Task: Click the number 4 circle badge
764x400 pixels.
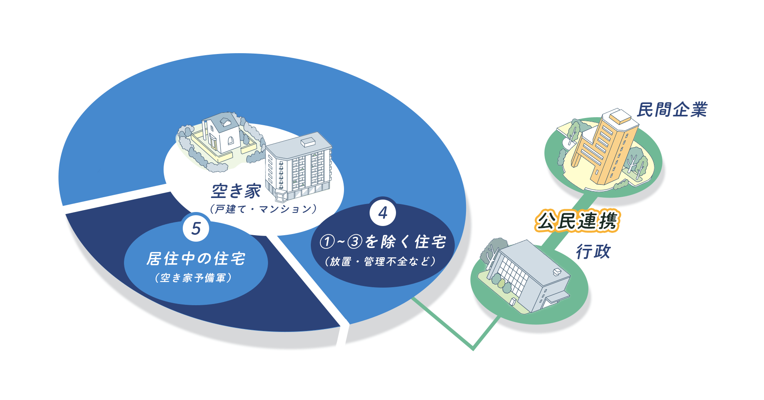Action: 383,212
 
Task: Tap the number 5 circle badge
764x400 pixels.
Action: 196,228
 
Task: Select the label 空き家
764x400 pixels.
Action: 236,191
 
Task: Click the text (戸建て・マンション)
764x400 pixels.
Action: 263,209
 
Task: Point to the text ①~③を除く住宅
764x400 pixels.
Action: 383,242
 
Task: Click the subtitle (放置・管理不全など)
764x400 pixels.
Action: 380,262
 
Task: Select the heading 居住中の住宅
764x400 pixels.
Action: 196,259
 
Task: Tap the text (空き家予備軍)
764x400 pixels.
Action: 194,278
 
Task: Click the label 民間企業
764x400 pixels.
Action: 672,110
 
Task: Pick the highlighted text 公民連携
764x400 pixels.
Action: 577,221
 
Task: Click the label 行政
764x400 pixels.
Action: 593,252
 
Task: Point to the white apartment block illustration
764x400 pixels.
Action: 299,166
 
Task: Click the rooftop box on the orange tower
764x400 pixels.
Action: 620,116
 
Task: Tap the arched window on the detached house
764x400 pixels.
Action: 231,140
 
